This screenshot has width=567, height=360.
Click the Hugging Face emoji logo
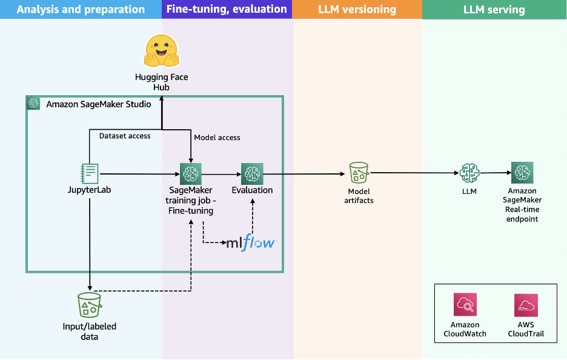click(161, 52)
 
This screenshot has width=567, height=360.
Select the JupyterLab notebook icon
click(90, 173)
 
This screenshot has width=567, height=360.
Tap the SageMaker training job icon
click(191, 173)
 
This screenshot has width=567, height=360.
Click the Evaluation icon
click(251, 173)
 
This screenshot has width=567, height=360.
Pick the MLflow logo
click(251, 243)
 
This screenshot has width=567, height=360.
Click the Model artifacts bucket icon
click(359, 173)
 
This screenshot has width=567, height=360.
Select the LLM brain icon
click(470, 173)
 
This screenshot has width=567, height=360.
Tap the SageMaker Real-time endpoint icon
click(522, 173)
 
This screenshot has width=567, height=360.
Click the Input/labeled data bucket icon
click(89, 305)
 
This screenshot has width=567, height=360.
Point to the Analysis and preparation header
click(81, 9)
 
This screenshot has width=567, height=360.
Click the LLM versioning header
click(357, 9)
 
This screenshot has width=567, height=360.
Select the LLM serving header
click(494, 9)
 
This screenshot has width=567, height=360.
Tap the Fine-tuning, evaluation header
click(227, 9)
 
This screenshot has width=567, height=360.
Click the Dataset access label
click(125, 136)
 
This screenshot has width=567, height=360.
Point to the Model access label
click(217, 138)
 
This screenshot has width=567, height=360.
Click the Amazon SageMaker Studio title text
click(99, 104)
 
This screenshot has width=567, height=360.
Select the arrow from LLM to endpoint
click(495, 173)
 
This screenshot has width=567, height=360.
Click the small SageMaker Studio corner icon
click(34, 104)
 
